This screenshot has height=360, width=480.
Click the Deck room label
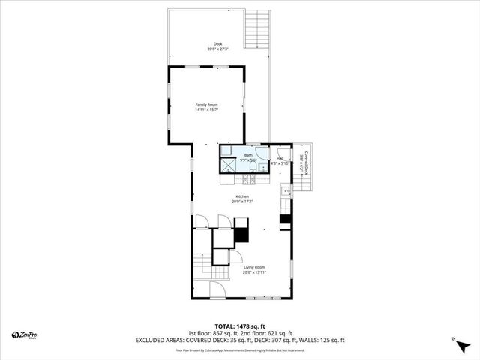pyautogui.click(x=218, y=44)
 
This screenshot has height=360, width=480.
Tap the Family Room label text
pyautogui.click(x=206, y=104)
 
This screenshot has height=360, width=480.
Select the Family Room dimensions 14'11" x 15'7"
pyautogui.click(x=206, y=110)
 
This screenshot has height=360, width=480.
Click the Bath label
pyautogui.click(x=248, y=155)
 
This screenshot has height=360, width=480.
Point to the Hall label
pyautogui.click(x=279, y=158)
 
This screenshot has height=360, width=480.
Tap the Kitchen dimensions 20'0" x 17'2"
pyautogui.click(x=242, y=202)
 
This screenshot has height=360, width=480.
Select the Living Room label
pyautogui.click(x=254, y=267)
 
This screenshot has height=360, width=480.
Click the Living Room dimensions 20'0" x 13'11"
pyautogui.click(x=254, y=272)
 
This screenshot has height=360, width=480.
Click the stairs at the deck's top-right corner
pyautogui.click(x=257, y=28)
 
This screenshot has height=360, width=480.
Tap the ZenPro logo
pyautogui.click(x=25, y=335)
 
